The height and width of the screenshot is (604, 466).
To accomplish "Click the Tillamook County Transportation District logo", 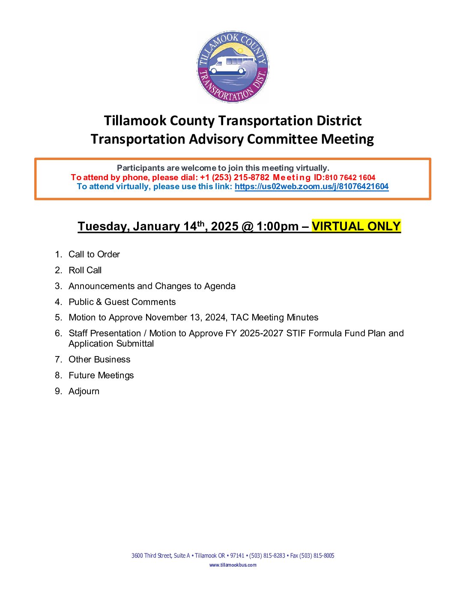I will [233, 66].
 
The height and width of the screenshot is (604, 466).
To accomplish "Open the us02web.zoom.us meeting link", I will [311, 187].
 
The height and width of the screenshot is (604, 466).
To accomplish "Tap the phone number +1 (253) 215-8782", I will [235, 178].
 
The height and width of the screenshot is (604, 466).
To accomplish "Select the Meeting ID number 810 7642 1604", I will [350, 178].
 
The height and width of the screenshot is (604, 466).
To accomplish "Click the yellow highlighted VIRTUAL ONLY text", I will [356, 226].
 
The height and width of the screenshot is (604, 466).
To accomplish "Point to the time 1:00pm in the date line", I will [278, 226].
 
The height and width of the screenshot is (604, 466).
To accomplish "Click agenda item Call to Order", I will [94, 254].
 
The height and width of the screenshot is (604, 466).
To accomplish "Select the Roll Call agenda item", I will [85, 270].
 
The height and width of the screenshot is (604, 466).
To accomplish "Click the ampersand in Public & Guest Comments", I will [99, 302].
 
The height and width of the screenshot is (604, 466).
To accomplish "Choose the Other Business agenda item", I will [99, 359].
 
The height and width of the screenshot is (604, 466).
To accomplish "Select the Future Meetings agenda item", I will [101, 375].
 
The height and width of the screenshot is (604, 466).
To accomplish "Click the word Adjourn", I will [84, 391].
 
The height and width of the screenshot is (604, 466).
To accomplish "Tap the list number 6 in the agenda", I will [58, 333].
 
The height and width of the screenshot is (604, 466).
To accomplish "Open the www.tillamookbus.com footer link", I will [233, 565].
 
